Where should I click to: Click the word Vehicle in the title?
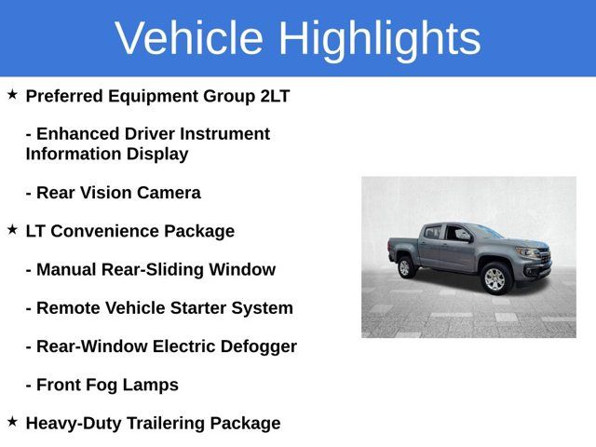189,38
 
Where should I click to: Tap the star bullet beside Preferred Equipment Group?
12,95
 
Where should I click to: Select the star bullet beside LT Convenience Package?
12,228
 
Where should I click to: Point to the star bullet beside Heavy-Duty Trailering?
12,421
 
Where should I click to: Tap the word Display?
155,154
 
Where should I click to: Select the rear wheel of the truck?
406,267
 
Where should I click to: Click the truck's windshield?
487,232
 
